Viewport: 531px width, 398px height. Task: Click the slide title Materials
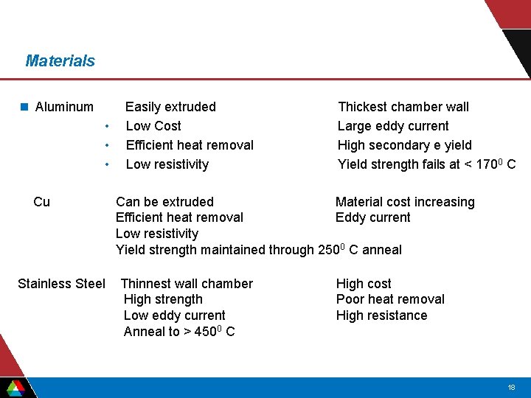(60, 60)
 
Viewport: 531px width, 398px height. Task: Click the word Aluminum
(64, 107)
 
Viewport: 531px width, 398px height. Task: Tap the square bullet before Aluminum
(24, 107)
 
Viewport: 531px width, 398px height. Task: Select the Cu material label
(42, 202)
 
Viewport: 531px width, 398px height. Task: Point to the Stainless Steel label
(61, 284)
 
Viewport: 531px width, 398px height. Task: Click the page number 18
(511, 387)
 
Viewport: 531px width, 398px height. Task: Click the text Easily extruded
(170, 107)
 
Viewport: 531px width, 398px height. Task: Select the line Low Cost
(153, 126)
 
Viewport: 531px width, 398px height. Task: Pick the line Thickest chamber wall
(403, 107)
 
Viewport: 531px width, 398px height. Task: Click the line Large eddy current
(392, 126)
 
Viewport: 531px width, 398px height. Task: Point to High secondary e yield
(404, 145)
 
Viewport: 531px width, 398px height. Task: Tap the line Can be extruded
(164, 202)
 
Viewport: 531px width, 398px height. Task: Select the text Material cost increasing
(405, 202)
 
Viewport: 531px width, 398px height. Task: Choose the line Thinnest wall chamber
(187, 284)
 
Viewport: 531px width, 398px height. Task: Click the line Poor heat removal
(390, 299)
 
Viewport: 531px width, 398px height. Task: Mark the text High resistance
(381, 315)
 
